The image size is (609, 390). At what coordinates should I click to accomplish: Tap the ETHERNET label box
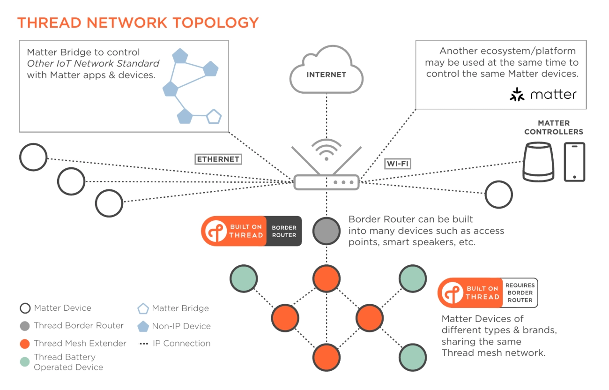pos(218,159)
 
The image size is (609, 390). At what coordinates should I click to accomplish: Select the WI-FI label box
pos(398,164)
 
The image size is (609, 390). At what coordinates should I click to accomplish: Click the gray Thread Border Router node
pos(326,231)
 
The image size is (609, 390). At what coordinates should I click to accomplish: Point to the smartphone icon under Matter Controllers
pos(574,162)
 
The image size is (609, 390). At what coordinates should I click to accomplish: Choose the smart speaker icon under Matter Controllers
pos(538,162)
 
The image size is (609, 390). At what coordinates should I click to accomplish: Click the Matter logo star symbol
pos(517,94)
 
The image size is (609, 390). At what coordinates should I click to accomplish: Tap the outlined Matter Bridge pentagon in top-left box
pos(214,116)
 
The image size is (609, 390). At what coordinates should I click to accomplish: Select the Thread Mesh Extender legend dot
pos(25,344)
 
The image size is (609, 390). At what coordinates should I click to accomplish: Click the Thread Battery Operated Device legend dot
pos(25,362)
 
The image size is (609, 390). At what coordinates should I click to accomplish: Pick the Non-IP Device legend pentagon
pos(143,326)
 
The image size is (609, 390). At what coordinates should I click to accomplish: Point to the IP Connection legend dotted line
pos(144,344)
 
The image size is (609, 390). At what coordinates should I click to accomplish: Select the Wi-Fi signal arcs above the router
pos(326,149)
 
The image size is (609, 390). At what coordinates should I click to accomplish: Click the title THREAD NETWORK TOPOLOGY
pos(138,22)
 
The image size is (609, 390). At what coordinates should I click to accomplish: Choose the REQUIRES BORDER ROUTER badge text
pos(520,292)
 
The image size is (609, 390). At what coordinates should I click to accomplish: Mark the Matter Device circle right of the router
pos(498,194)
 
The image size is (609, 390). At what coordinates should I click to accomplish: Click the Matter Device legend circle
pos(25,308)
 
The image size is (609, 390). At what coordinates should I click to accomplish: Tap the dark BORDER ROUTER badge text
pos(284,231)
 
